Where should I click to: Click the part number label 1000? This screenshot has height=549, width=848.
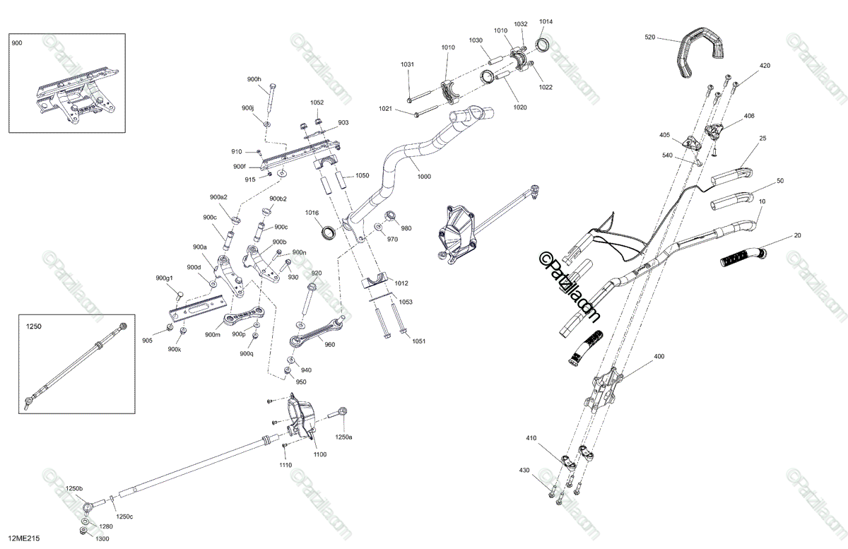[424, 177]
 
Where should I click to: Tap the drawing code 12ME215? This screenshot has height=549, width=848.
[24, 538]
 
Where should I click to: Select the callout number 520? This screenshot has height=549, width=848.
[649, 37]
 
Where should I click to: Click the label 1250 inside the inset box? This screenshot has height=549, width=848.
[34, 326]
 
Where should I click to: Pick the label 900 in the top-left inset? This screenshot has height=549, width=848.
[17, 43]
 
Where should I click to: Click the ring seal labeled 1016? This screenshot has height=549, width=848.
[328, 232]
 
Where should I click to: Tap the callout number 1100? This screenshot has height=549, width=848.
[320, 454]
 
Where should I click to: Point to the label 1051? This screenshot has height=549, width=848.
[418, 341]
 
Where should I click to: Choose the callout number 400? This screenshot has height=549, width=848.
[659, 356]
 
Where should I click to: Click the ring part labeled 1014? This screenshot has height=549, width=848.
[543, 45]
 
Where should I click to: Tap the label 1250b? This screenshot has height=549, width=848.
[74, 488]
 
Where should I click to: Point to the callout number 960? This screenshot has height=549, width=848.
[330, 345]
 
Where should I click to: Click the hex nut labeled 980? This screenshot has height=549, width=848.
[390, 216]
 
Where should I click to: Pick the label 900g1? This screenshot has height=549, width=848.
[164, 278]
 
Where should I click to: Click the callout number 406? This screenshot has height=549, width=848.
[749, 116]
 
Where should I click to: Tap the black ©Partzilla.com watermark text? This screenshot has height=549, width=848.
[569, 288]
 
